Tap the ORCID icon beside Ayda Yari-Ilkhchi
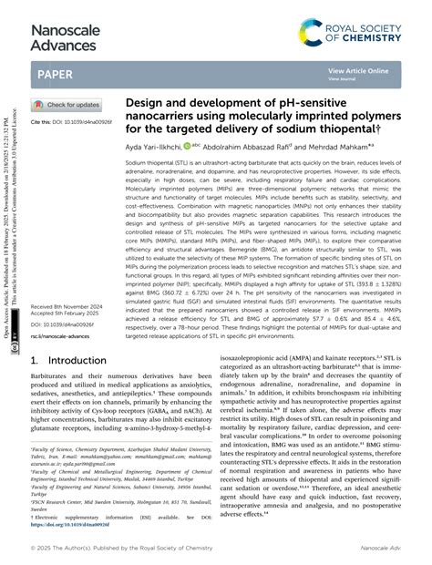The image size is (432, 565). point(186,144)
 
